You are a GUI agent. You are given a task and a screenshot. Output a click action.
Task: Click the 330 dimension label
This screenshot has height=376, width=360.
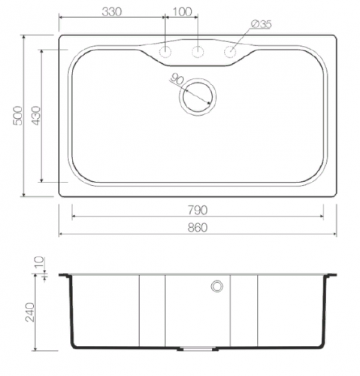coord(112,11)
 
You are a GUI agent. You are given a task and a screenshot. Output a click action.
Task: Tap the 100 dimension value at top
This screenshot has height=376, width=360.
coord(182,11)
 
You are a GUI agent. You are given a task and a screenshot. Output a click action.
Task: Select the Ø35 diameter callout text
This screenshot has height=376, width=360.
coord(262,24)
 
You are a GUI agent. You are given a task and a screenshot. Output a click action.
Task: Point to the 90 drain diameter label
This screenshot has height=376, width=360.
coord(177,80)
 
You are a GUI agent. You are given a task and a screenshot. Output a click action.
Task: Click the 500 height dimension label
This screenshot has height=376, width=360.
coord(18,116)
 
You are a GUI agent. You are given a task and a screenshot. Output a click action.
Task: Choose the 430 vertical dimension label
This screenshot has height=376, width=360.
coord(36,116)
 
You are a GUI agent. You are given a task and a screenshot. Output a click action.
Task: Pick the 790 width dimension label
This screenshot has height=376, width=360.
coord(198,210)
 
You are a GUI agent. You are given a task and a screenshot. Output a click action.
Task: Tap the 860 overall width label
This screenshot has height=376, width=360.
coord(198,227)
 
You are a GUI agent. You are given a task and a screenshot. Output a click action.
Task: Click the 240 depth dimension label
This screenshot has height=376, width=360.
coord(30,312)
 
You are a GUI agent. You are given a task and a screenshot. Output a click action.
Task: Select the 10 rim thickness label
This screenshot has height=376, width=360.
coord(39,262)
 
